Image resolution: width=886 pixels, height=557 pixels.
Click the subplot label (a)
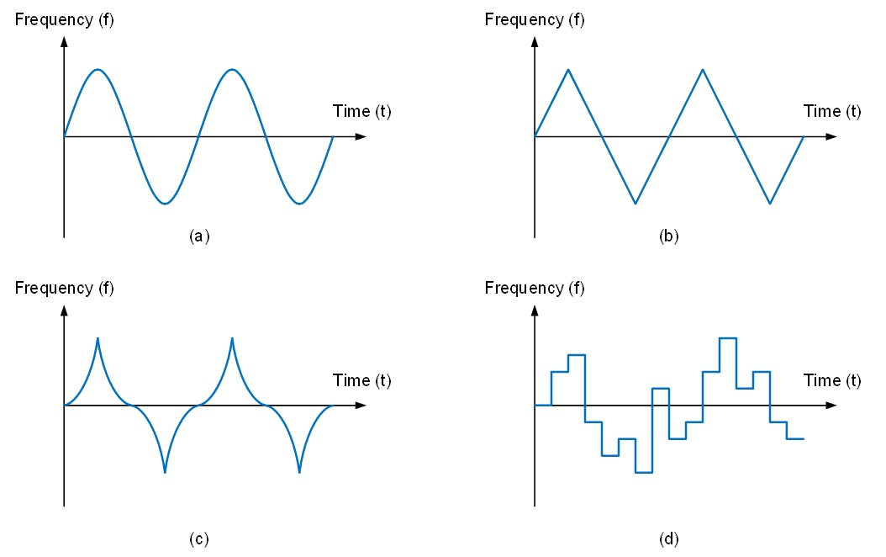[x=198, y=236]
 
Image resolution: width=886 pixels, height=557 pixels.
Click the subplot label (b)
[x=669, y=236]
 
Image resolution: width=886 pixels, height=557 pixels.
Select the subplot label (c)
[x=198, y=538]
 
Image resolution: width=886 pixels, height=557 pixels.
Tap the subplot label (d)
[x=669, y=538]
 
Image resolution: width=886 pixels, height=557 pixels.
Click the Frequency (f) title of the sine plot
[x=65, y=19]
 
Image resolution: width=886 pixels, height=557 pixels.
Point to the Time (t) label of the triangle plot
[x=832, y=111]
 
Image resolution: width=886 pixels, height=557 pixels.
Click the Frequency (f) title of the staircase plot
[x=535, y=288]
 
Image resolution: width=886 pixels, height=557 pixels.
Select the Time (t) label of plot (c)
[x=361, y=380]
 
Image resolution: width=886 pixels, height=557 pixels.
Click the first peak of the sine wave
[x=98, y=69]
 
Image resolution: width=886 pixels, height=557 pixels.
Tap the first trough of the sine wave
[x=165, y=203]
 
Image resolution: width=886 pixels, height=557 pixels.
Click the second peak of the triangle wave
[x=703, y=70]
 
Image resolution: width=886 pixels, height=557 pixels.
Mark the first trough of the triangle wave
[x=635, y=203]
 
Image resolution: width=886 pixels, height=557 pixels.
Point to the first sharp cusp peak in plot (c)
[x=98, y=339]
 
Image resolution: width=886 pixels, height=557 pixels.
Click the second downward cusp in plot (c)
[x=299, y=472]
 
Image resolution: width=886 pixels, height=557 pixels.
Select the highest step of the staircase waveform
[x=728, y=338]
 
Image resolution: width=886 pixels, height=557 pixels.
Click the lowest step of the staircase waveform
[x=644, y=472]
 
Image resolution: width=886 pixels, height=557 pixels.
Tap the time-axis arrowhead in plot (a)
[x=361, y=136]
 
